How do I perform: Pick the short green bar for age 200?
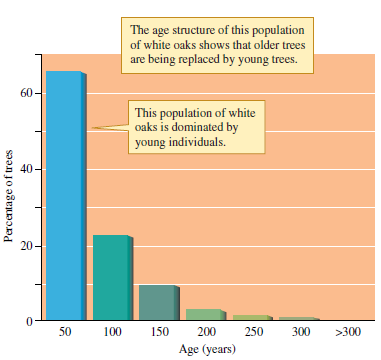[x=203, y=315]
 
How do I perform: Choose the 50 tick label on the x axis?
[x=65, y=331]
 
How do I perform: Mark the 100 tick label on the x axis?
[x=111, y=331]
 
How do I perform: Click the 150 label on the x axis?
[x=157, y=331]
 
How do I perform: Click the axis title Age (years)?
[x=205, y=349]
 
